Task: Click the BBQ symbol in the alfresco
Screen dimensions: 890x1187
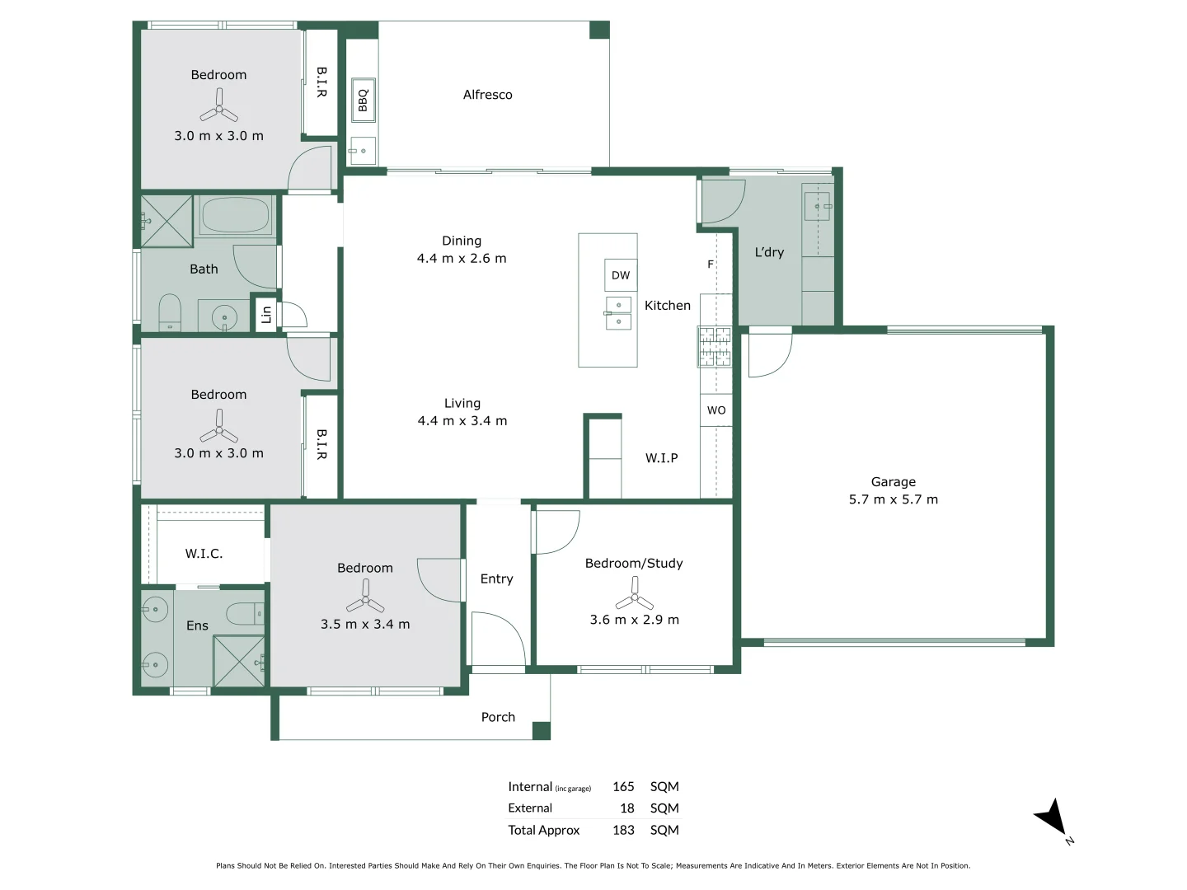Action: coord(363,101)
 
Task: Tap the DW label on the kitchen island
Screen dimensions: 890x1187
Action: coord(621,275)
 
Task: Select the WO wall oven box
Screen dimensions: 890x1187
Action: coord(716,410)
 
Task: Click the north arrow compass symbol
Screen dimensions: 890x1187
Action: coord(1052,817)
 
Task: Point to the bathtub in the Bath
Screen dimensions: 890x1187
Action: coord(236,216)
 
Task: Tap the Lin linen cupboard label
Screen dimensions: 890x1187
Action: coord(265,314)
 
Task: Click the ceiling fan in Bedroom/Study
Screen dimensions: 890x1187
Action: coord(634,593)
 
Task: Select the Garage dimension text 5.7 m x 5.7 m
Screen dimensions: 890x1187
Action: coord(894,499)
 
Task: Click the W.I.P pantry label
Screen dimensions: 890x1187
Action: coord(661,458)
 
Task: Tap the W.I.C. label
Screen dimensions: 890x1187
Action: coord(204,554)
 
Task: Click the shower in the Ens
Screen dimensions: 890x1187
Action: coord(239,662)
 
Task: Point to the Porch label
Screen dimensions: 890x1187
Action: coord(498,717)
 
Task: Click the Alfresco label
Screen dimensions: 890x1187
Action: coord(487,95)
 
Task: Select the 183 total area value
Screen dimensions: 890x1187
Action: coord(623,830)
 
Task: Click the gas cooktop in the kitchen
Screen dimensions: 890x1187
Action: coord(715,346)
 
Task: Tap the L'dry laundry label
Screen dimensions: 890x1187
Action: coord(769,252)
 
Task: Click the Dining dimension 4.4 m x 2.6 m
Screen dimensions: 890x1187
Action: coord(462,258)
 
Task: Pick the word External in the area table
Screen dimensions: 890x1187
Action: coord(530,808)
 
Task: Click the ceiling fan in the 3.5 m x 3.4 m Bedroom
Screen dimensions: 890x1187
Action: coord(365,595)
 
